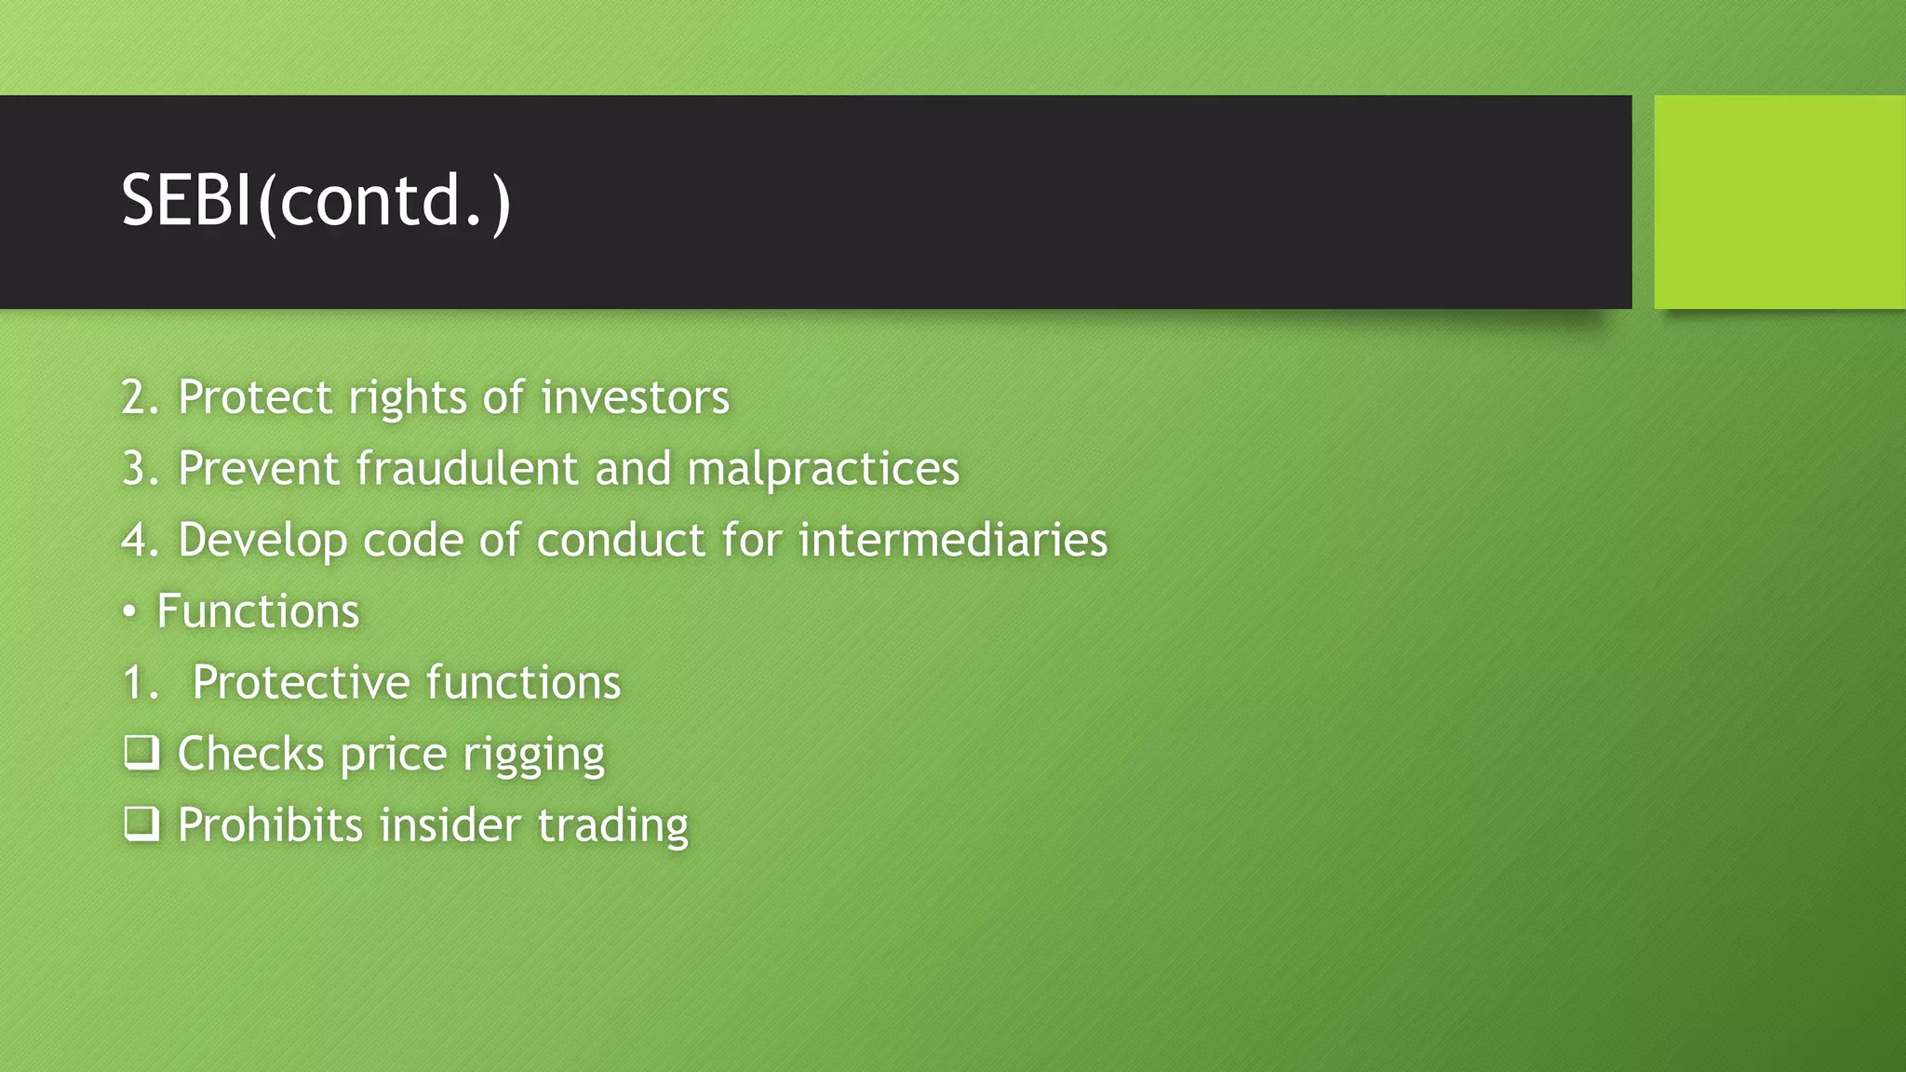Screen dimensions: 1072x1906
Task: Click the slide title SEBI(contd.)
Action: pos(316,201)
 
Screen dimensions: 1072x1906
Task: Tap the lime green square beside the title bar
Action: pos(1779,202)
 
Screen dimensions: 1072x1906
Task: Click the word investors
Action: pos(635,397)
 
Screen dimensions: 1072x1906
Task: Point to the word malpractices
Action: pos(823,468)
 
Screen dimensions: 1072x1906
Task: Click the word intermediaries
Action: pos(953,540)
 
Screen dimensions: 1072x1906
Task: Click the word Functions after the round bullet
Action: pos(258,611)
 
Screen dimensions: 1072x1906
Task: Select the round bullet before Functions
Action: pos(130,612)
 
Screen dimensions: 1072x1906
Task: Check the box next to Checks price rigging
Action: pos(141,752)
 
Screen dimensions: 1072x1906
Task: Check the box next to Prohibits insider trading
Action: pos(141,824)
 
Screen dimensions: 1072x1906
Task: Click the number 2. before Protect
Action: pos(141,397)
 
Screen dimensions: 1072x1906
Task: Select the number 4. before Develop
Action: pos(141,540)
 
